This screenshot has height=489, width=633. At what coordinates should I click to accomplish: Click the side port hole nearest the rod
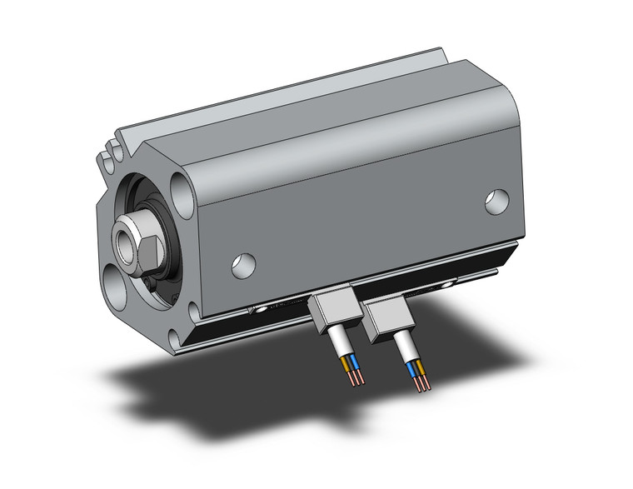click(243, 264)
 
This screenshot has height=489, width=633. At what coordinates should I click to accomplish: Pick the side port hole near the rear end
click(497, 201)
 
